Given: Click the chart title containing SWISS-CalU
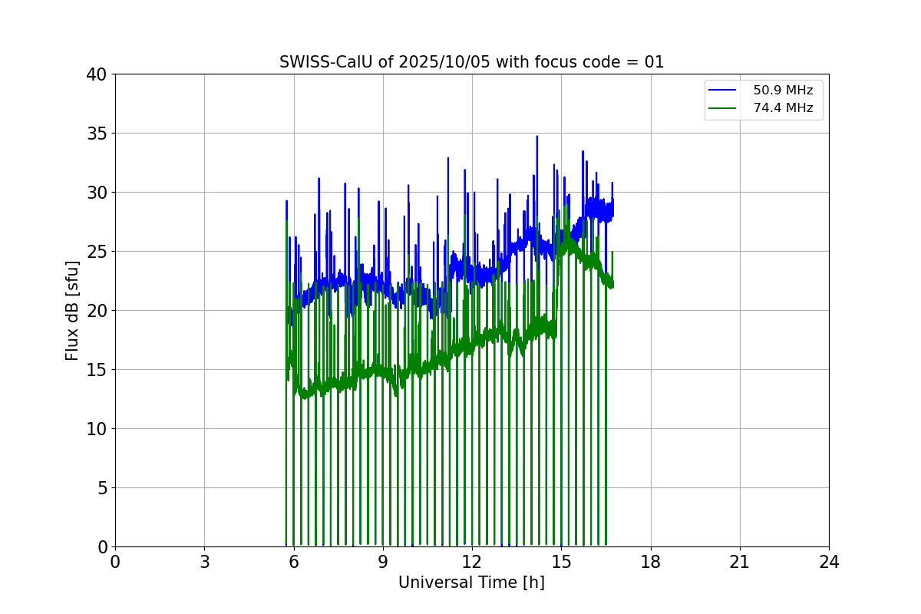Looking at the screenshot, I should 471,62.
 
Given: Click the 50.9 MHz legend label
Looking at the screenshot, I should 783,91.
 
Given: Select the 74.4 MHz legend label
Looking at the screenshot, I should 783,108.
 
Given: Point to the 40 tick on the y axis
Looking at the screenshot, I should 97,74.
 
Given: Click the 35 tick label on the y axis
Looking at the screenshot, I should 97,134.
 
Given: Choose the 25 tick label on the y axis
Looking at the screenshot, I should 97,252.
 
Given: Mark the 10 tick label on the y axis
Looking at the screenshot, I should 97,429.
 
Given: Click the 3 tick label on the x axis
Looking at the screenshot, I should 204,563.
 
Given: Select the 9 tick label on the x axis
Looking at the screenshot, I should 383,563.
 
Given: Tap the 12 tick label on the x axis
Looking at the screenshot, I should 472,563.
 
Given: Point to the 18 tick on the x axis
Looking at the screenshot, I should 651,563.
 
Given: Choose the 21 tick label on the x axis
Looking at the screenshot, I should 740,563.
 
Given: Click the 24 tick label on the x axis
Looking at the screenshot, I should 829,563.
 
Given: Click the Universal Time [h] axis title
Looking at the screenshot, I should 471,583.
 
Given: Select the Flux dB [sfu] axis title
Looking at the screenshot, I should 72,310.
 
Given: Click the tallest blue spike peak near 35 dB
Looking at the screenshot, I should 537,137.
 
